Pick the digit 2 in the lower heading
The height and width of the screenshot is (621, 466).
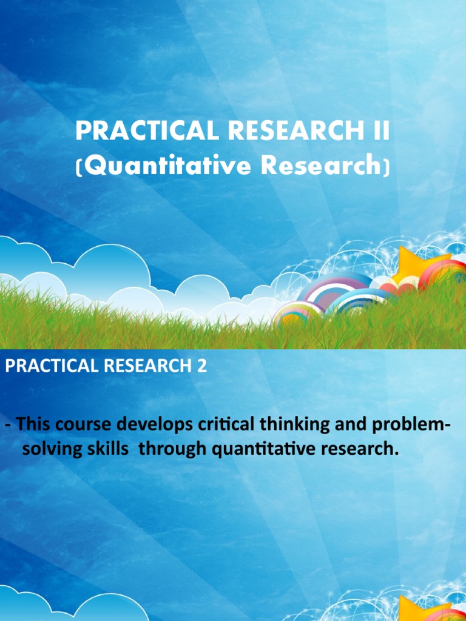coord(201,367)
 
